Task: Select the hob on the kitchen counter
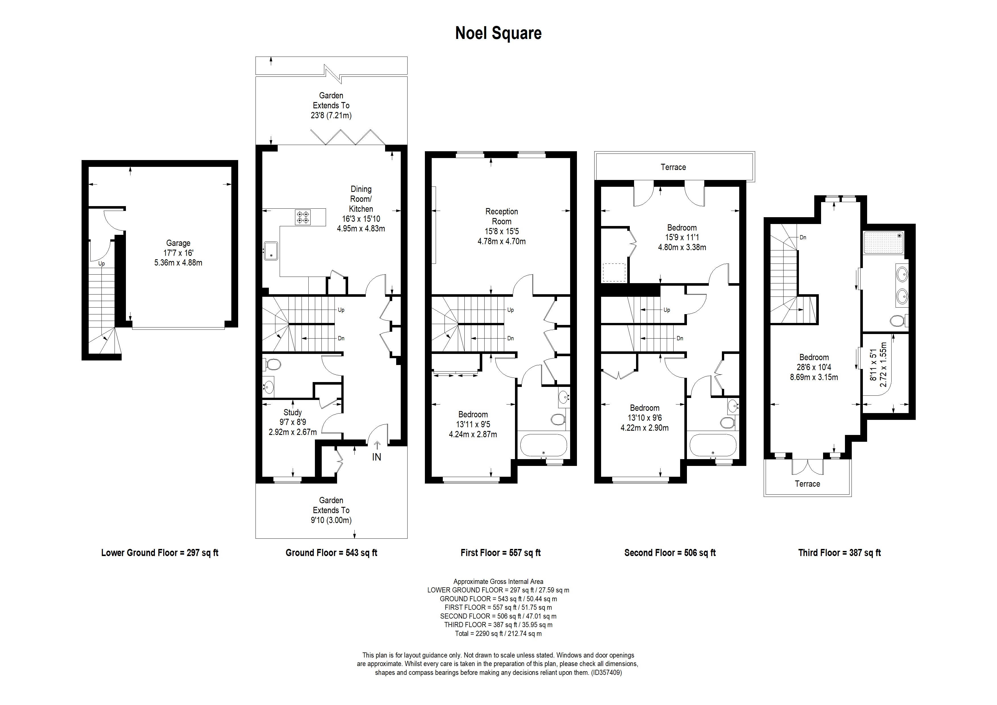click(303, 217)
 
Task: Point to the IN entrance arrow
click(377, 445)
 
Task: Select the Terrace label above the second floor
click(673, 167)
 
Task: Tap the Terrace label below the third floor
click(807, 484)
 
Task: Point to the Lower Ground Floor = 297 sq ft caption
click(160, 553)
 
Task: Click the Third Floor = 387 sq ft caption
click(839, 553)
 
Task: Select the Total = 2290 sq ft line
click(498, 633)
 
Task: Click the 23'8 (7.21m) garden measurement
click(331, 115)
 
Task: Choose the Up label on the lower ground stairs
click(101, 264)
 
